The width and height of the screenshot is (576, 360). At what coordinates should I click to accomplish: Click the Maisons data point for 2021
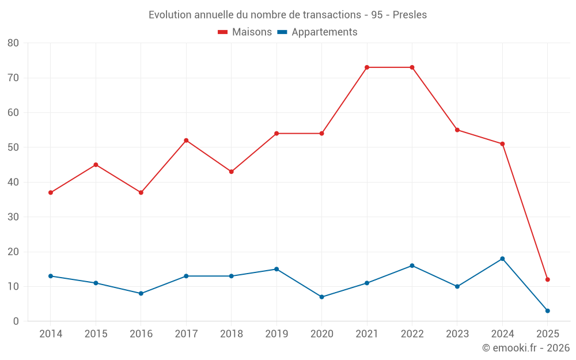[x=367, y=67]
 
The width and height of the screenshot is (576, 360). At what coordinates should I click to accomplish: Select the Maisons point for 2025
[x=548, y=279]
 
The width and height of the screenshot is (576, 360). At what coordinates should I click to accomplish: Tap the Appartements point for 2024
[x=502, y=259]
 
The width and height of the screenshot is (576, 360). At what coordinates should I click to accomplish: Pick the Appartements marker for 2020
[x=321, y=297]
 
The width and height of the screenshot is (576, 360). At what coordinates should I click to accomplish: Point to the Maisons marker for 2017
[x=186, y=141]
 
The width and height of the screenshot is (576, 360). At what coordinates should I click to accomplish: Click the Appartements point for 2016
[x=141, y=294]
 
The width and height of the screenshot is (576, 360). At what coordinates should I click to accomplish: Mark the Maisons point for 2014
[x=51, y=192]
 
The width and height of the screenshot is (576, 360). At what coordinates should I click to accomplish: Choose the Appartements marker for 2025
[x=548, y=311]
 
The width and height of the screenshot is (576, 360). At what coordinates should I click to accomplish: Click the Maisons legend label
[x=252, y=32]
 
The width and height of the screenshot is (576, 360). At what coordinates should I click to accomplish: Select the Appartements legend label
[x=324, y=32]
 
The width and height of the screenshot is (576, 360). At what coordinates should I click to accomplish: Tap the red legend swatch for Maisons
[x=223, y=32]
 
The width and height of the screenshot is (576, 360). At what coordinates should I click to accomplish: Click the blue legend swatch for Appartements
[x=282, y=32]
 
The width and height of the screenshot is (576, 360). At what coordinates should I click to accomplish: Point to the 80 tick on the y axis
[x=13, y=43]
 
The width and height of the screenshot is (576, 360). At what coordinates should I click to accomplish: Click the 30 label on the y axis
[x=13, y=217]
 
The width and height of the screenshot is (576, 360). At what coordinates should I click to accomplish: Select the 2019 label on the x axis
[x=276, y=334]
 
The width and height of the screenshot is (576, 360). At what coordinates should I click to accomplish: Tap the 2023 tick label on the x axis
[x=457, y=334]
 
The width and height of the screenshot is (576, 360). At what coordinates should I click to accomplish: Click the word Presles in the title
[x=410, y=15]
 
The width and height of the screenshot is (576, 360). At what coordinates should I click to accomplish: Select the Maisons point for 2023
[x=457, y=130]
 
